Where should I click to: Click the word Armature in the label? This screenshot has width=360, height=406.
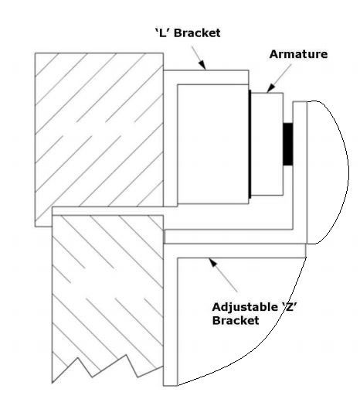click(298, 54)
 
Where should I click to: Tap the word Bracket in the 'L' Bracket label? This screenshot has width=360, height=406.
click(197, 33)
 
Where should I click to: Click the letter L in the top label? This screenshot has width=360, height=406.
click(162, 33)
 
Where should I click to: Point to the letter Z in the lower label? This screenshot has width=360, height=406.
click(290, 307)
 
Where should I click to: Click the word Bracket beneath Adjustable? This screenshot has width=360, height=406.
click(236, 320)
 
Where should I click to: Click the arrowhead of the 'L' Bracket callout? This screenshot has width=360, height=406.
click(202, 65)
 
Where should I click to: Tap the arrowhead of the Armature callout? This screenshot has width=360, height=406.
click(271, 88)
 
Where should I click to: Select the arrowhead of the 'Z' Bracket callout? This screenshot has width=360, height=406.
click(212, 262)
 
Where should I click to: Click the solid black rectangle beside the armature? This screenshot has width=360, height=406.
click(288, 144)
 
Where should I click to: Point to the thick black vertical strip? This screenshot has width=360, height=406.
click(250, 144)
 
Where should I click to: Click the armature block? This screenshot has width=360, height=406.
click(267, 144)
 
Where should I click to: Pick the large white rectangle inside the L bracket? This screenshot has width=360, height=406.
click(213, 144)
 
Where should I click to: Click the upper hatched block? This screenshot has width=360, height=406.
click(99, 130)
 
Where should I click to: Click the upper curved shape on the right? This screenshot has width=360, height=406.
click(328, 172)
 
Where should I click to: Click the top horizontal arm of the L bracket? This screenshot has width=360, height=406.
click(206, 77)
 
